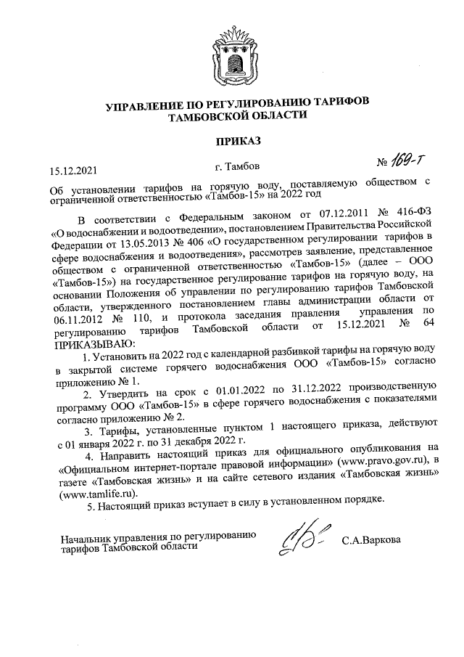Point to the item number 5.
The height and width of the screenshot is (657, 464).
(88, 505)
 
